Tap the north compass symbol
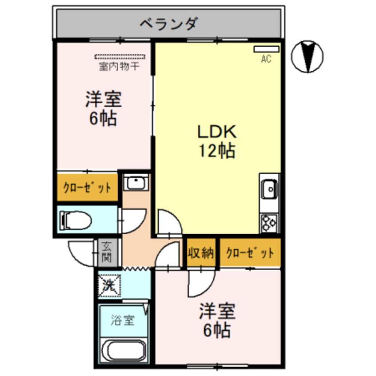pyautogui.click(x=307, y=56)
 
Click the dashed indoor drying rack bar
pyautogui.click(x=120, y=57)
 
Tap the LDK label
pyautogui.click(x=216, y=132)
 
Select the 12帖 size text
pyautogui.click(x=216, y=151)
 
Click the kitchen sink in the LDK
pyautogui.click(x=269, y=190)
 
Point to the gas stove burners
pyautogui.click(x=270, y=222)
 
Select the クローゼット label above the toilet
pyautogui.click(x=87, y=187)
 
